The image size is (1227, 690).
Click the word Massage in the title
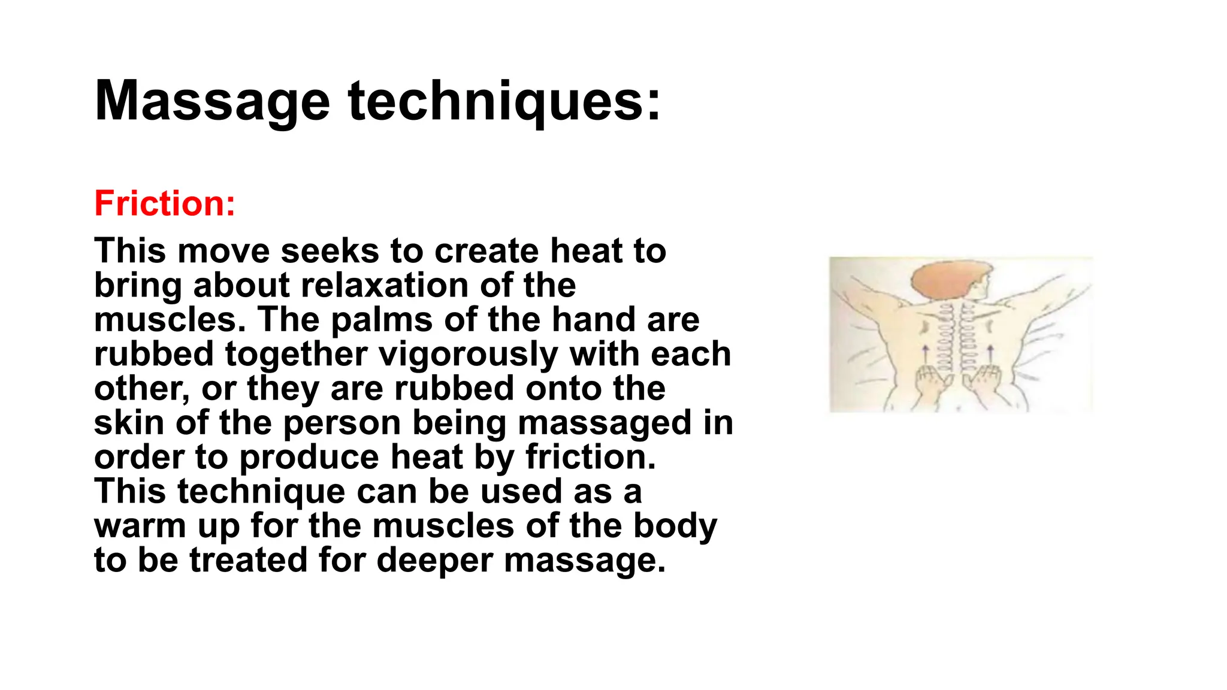coord(212,102)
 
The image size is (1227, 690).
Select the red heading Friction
coord(165,203)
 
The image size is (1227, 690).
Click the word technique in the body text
coord(261,492)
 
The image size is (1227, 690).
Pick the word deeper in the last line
coord(434,561)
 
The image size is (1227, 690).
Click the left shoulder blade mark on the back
coord(926,328)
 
